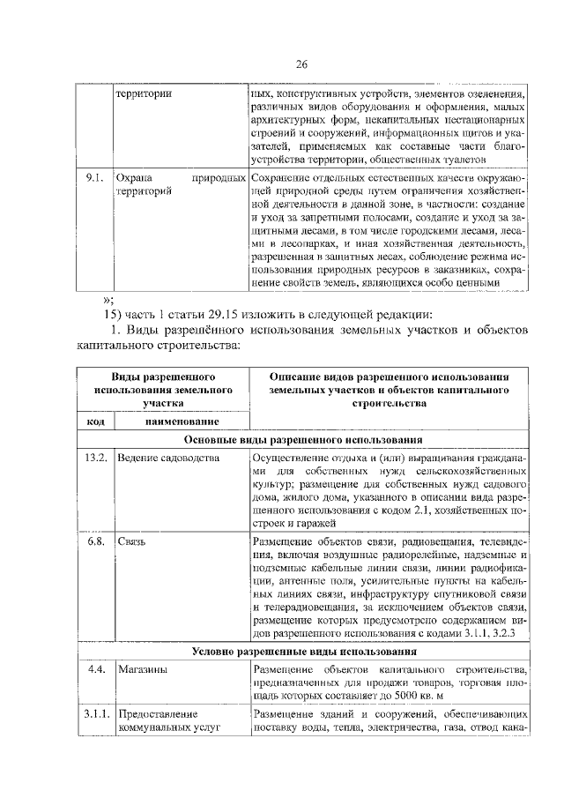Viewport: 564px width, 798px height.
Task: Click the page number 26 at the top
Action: (x=301, y=65)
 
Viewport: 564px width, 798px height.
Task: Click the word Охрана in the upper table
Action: (x=135, y=179)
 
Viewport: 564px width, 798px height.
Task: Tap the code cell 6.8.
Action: (x=95, y=541)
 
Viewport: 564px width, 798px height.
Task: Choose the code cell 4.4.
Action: (x=95, y=669)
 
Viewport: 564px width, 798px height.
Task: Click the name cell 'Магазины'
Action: (x=143, y=669)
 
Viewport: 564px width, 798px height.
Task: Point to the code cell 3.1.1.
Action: (x=95, y=713)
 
